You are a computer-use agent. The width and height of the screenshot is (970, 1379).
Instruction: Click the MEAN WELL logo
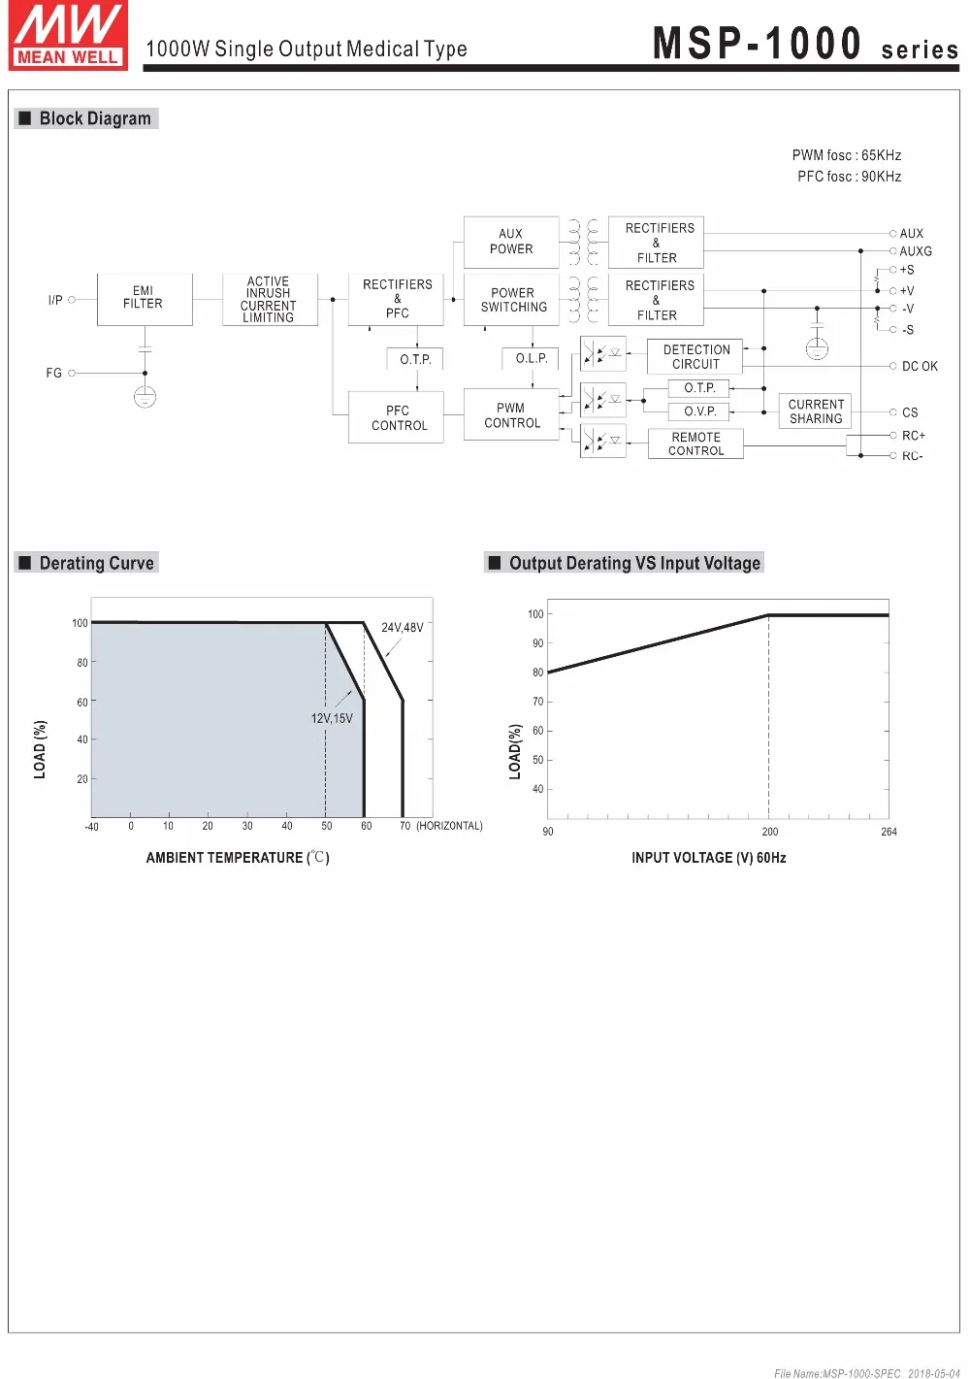click(x=67, y=36)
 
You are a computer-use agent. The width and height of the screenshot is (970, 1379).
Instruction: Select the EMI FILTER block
click(x=144, y=298)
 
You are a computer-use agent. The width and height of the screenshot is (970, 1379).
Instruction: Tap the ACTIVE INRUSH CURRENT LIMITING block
click(x=269, y=299)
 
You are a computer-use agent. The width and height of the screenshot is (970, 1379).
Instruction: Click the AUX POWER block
click(x=511, y=242)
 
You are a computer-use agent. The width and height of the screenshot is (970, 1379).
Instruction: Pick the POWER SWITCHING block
click(x=513, y=300)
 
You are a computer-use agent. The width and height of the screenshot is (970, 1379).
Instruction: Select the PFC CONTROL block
click(x=399, y=418)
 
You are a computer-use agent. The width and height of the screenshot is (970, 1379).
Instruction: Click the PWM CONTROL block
click(x=511, y=415)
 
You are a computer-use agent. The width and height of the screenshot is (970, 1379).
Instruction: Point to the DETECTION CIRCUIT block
click(x=695, y=357)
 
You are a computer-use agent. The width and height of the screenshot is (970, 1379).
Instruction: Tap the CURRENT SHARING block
click(x=816, y=411)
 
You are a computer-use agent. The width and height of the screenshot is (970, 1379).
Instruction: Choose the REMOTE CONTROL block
click(x=695, y=444)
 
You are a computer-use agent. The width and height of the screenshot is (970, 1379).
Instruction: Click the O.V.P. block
click(x=699, y=411)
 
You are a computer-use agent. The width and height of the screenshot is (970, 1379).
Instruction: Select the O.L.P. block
click(x=532, y=358)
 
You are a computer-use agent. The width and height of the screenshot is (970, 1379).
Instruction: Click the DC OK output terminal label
click(x=920, y=367)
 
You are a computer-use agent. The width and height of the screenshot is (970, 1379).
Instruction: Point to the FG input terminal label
click(x=53, y=373)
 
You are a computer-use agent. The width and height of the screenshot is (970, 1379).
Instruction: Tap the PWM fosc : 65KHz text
click(x=846, y=155)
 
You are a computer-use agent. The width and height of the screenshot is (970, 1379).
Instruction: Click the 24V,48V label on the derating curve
click(x=402, y=628)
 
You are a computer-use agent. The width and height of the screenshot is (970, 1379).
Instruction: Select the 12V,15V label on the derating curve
click(x=332, y=718)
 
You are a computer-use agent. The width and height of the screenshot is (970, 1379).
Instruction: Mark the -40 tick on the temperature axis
click(x=91, y=827)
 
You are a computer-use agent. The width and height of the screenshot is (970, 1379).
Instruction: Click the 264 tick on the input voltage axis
click(x=889, y=832)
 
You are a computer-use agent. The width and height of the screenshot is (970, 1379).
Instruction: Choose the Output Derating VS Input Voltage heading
click(x=634, y=563)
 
